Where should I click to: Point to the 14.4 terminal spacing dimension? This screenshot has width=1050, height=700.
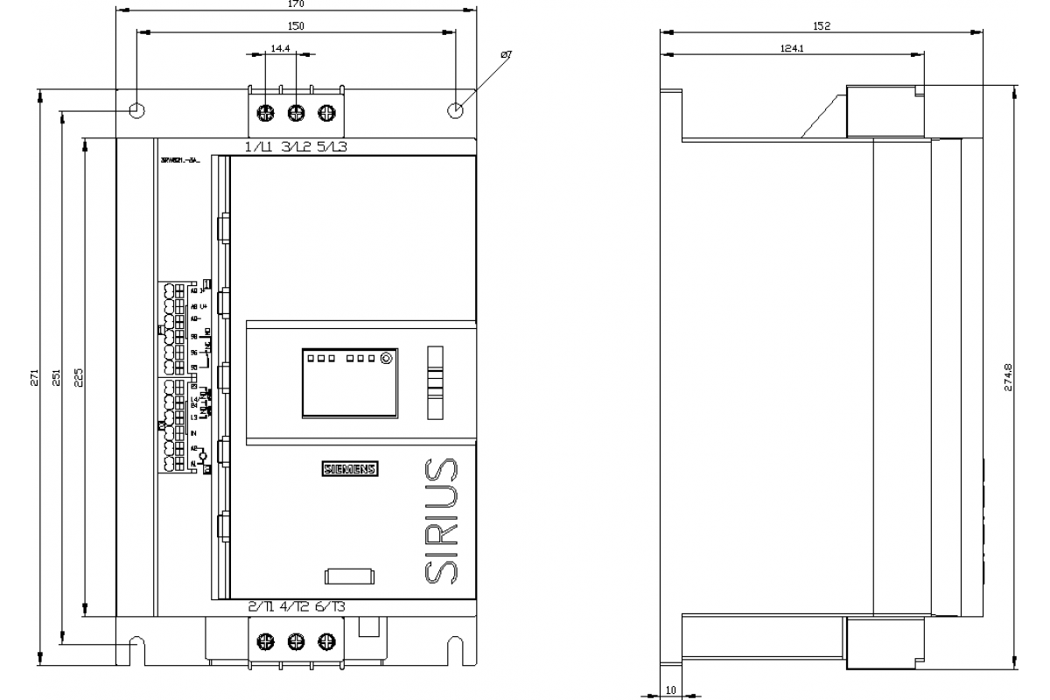point(280,49)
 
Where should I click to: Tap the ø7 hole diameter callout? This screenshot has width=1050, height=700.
point(505,55)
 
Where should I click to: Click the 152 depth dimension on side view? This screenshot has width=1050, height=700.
point(820,26)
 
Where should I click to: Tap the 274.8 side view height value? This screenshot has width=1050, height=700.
point(1008,377)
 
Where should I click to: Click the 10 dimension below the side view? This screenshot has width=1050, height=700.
point(670,690)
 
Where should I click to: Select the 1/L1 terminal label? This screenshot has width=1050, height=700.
point(259,147)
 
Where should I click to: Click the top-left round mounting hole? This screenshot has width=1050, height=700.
point(136,111)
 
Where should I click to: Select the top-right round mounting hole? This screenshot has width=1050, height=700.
point(455,111)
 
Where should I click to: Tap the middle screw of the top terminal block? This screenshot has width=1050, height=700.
point(296,112)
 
